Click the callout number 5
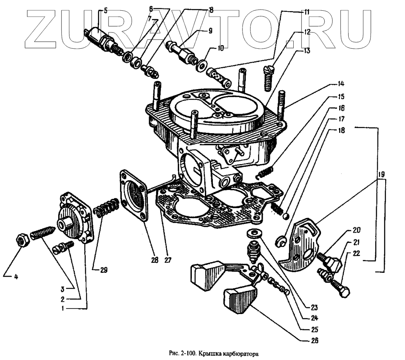pyautogui.click(x=105, y=11)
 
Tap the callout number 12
pyautogui.click(x=306, y=33)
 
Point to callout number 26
pyautogui.click(x=315, y=340)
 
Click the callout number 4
pyautogui.click(x=16, y=277)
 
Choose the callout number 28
pyautogui.click(x=155, y=260)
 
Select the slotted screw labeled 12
pyautogui.click(x=269, y=79)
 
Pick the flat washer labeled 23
pyautogui.click(x=252, y=232)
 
